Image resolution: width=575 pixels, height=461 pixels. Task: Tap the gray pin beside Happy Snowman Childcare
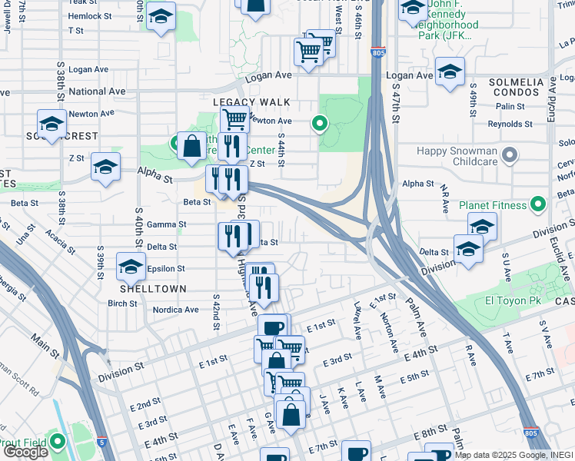coord(508,158)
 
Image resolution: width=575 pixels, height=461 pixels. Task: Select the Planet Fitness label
coord(494,205)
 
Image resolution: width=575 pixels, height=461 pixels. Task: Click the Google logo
coord(25,451)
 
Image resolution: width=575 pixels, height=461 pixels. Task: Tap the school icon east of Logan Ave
coord(449,71)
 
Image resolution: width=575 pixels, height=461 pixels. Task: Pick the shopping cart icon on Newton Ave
coord(234,119)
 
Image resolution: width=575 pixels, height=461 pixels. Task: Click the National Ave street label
coord(97,91)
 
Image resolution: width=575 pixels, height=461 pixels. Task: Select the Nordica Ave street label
coord(176,310)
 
